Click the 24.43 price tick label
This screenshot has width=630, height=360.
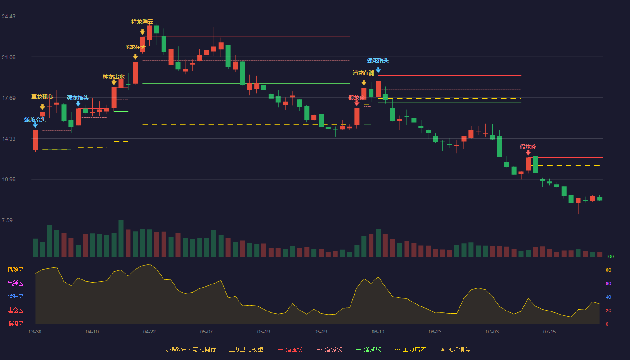pyautogui.click(x=9, y=17)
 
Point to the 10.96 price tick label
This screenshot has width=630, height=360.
pyautogui.click(x=9, y=180)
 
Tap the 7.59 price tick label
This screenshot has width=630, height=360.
pyautogui.click(x=7, y=220)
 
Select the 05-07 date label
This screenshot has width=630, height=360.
pyautogui.click(x=207, y=332)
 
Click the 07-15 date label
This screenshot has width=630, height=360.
pyautogui.click(x=549, y=332)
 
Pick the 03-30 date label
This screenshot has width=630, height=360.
pyautogui.click(x=35, y=332)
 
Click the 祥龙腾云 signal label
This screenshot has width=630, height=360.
pyautogui.click(x=142, y=22)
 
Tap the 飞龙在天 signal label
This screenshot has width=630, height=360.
pyautogui.click(x=135, y=47)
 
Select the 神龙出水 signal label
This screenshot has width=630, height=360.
pyautogui.click(x=113, y=77)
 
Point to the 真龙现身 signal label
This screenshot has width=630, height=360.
pyautogui.click(x=42, y=97)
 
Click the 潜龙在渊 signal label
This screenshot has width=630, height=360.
pyautogui.click(x=364, y=73)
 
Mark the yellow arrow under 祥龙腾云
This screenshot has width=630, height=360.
pyautogui.click(x=142, y=32)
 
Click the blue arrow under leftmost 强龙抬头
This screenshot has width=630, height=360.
pyautogui.click(x=35, y=125)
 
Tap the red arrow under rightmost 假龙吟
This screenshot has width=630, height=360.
pyautogui.click(x=528, y=153)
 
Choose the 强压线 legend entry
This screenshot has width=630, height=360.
pyautogui.click(x=290, y=349)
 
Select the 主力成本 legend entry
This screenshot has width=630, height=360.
pyautogui.click(x=410, y=349)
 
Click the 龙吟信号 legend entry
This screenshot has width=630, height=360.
pyautogui.click(x=455, y=349)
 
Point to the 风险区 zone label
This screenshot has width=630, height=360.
pyautogui.click(x=15, y=270)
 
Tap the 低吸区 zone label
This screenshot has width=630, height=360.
pyautogui.click(x=15, y=324)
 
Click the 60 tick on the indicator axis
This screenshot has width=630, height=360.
pyautogui.click(x=608, y=283)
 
